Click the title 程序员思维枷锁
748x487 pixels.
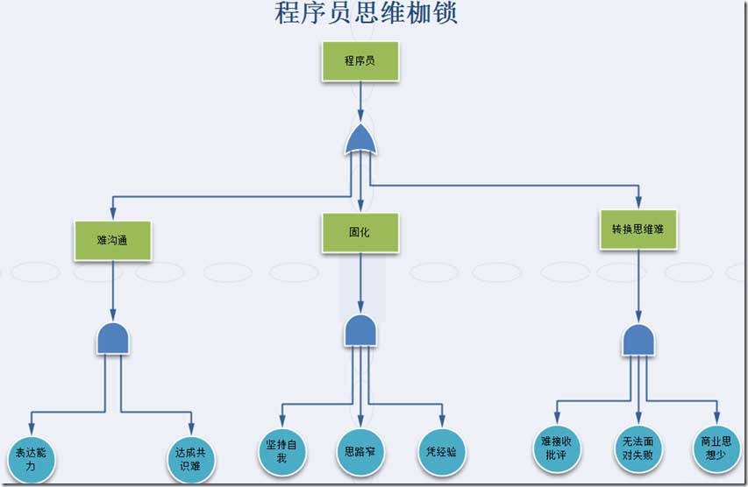(367, 14)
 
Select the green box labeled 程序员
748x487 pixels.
(360, 61)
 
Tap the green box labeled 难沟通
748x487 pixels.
(112, 240)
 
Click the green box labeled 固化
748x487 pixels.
(360, 233)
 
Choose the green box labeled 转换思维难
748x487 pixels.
(638, 229)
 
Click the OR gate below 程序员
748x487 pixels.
(360, 139)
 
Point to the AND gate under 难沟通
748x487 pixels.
(113, 338)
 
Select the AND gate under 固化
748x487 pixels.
(360, 331)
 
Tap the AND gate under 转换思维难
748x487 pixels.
(638, 340)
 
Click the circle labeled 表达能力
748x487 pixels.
(31, 459)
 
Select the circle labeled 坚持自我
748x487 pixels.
(281, 451)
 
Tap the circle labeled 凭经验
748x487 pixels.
(441, 452)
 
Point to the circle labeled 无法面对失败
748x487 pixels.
(638, 448)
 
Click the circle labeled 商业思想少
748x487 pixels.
(716, 448)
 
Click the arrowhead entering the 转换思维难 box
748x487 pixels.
(638, 203)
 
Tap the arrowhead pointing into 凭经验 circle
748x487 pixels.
(441, 422)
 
